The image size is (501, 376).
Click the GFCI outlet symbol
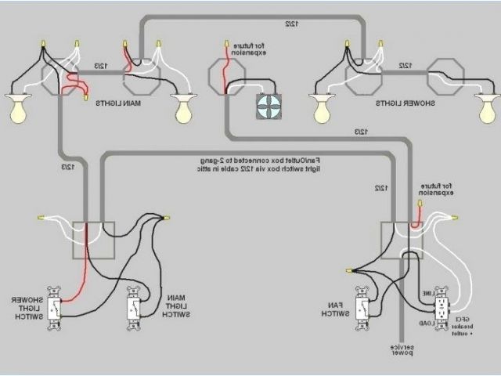[x=442, y=306]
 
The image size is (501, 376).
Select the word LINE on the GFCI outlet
[x=427, y=293]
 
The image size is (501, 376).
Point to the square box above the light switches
[x=93, y=240]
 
